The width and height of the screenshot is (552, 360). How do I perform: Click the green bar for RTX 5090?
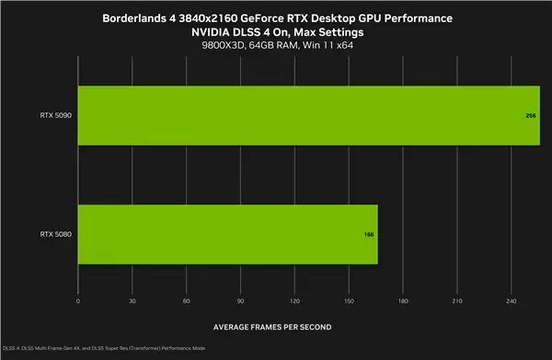(x=308, y=116)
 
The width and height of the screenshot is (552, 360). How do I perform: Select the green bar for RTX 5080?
(x=227, y=234)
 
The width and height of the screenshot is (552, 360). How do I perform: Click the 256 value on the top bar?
(x=531, y=117)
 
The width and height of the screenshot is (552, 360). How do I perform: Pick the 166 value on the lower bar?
(x=369, y=235)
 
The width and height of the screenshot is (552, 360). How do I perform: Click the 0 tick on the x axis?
(x=78, y=301)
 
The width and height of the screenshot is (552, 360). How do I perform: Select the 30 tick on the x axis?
(x=132, y=301)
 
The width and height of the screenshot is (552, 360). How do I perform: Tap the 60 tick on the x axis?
(x=187, y=301)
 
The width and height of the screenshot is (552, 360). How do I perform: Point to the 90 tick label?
(x=241, y=301)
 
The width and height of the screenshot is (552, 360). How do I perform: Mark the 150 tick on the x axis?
(x=349, y=301)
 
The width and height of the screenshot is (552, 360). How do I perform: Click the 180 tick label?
(x=403, y=301)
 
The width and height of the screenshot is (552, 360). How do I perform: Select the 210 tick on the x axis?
(x=457, y=301)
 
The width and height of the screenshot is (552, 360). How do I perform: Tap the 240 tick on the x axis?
(x=512, y=301)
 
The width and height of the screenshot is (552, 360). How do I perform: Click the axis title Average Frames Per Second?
(x=272, y=327)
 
